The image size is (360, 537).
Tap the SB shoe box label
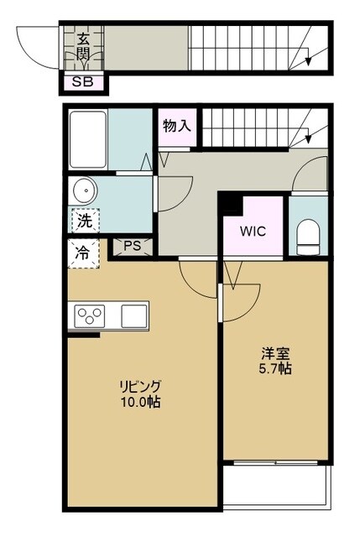coord(83,82)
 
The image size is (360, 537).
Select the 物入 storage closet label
coord(177,126)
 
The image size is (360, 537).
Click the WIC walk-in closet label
coord(253,232)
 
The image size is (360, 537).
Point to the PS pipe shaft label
coord(133,246)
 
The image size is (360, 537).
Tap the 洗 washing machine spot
coord(85,221)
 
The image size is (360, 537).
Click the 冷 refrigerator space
coord(83,253)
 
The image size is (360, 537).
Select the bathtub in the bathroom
coord(88,139)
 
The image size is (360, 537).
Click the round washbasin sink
coord(83,190)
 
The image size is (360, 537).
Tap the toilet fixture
coord(308,237)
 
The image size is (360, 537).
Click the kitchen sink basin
coord(134,315)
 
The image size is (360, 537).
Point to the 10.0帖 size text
coord(140,402)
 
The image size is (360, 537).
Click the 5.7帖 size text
coord(275,368)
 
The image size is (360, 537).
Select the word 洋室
coord(276,354)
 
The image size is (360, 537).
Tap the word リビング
coord(140,387)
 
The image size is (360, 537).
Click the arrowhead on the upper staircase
coord(308,61)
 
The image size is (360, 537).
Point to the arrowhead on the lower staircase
coord(308,138)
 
